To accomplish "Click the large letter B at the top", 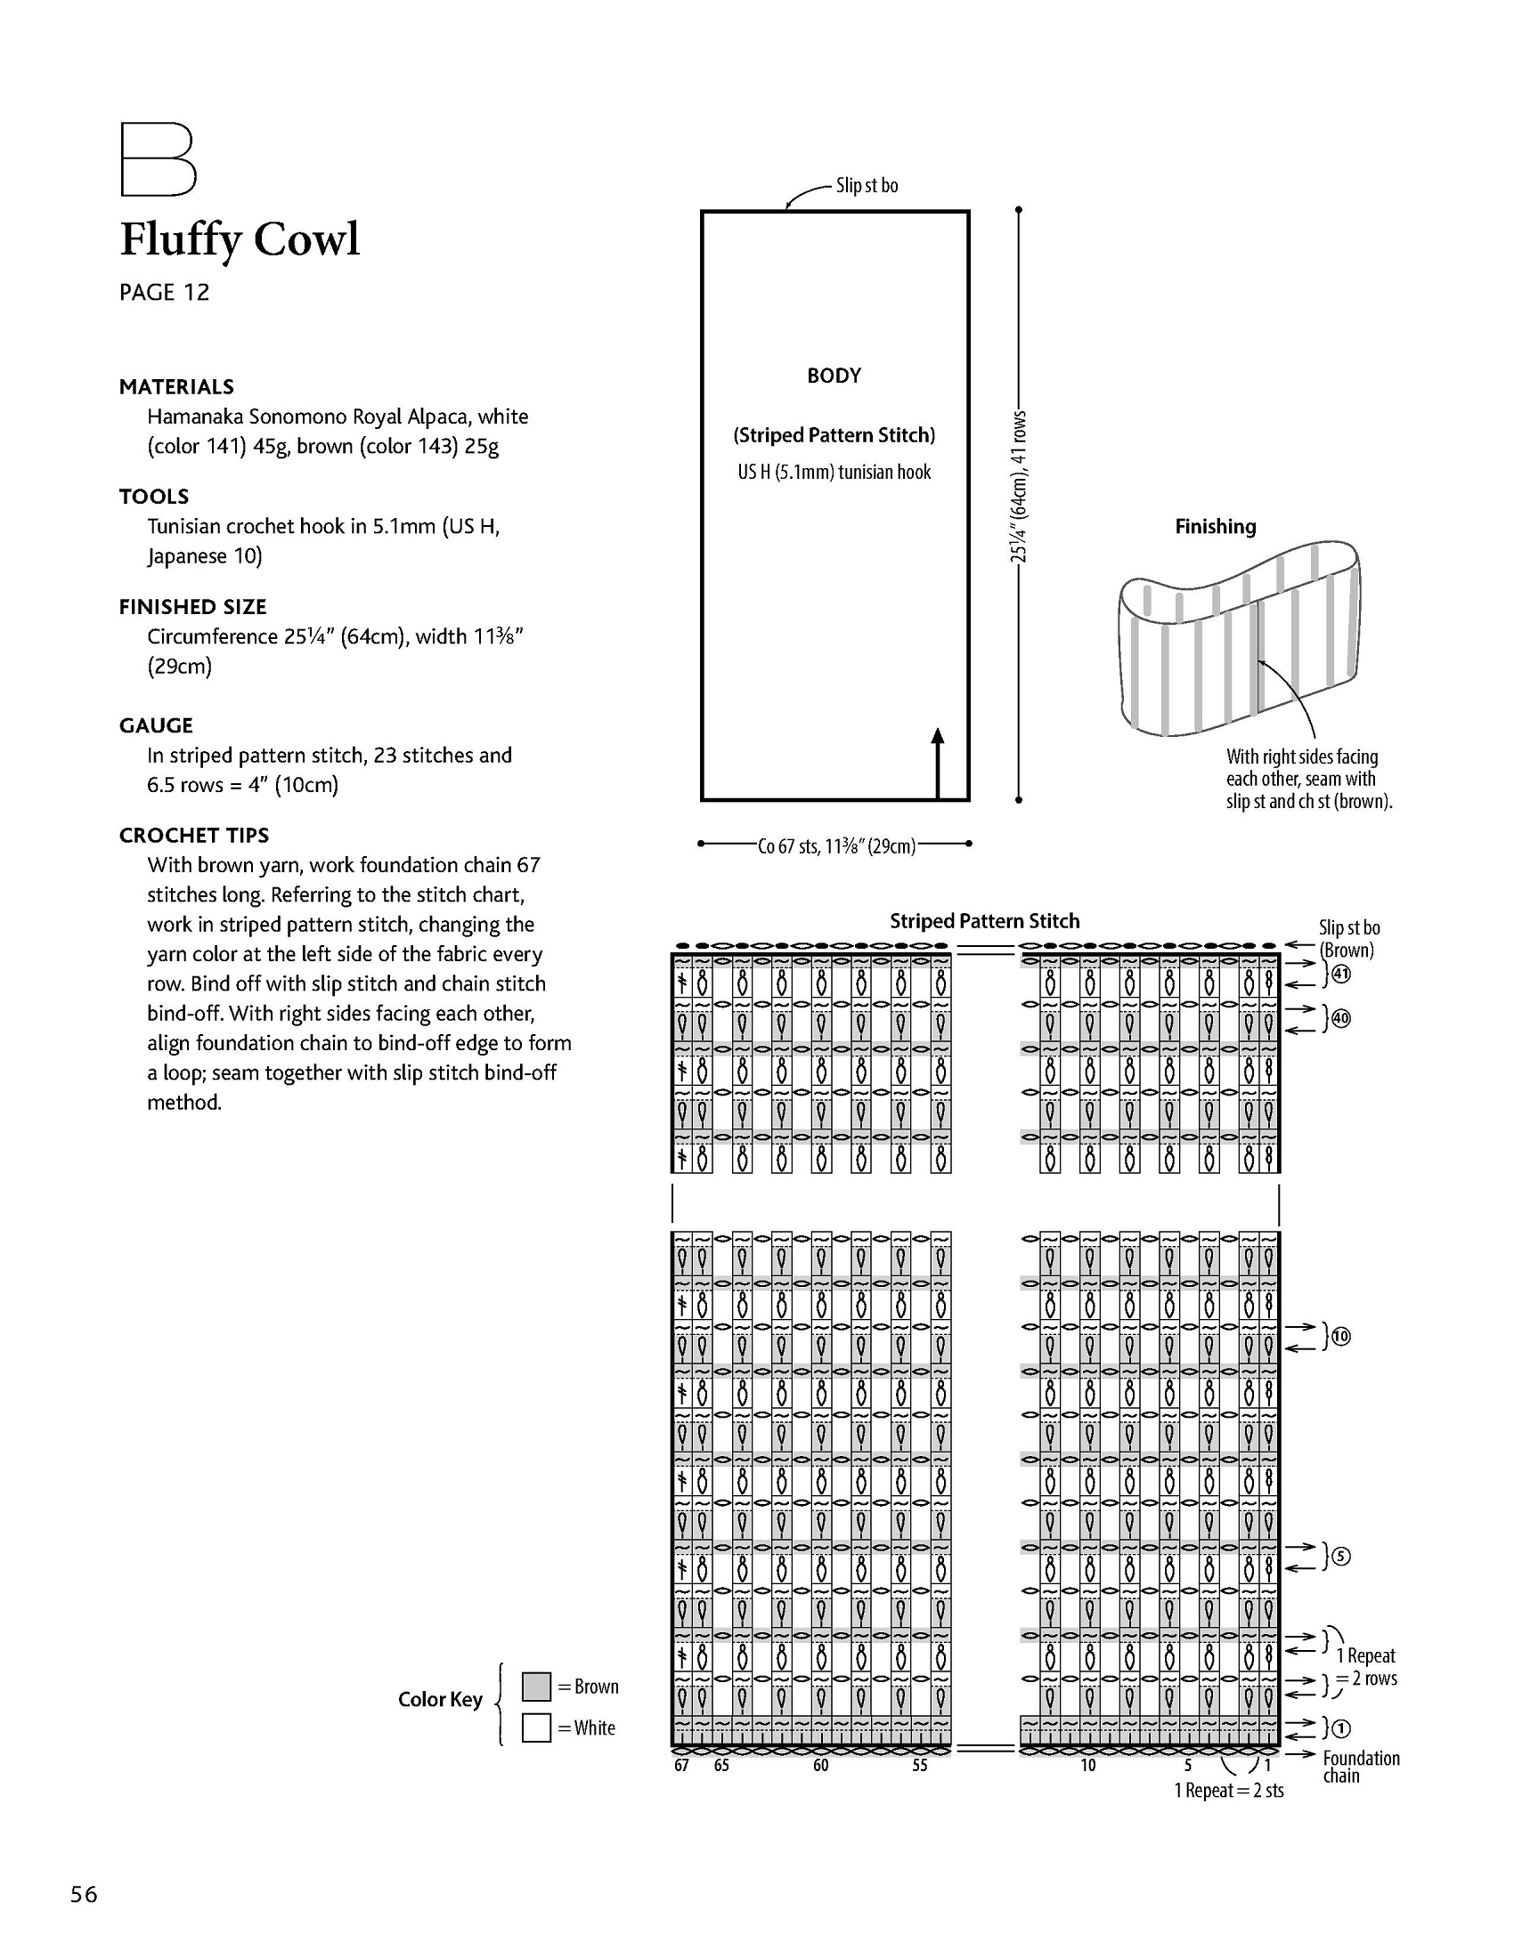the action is pos(158,159).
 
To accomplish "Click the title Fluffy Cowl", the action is pos(240,239).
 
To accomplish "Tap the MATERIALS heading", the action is pos(176,387).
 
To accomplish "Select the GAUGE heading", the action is pos(156,725).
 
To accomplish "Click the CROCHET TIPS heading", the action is pos(194,836).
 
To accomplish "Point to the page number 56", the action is pos(85,1894).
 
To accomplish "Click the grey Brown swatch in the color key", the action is pos(536,1687).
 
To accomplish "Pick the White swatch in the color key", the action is pos(536,1727).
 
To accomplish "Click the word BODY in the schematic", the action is pos(834,376).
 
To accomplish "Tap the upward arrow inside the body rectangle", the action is pos(937,763).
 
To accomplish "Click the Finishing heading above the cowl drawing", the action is pos(1216,527).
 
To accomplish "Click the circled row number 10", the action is pos(1340,1337).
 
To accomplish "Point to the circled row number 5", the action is pos(1340,1557).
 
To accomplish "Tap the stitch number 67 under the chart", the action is pos(681,1765).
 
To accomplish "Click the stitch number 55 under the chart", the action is pos(919,1765).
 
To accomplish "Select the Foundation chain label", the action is pos(1361,1767).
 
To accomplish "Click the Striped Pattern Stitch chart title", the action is pos(984,921).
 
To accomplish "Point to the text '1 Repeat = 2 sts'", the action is pos(1229,1792).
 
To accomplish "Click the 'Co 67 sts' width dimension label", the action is pos(837,845).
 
